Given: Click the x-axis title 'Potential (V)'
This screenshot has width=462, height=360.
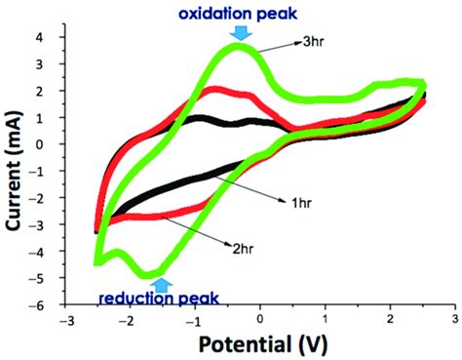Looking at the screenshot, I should tap(259, 345).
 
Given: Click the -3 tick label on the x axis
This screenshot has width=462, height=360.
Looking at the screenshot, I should tap(64, 320).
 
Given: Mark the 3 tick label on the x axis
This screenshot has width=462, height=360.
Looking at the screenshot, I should tap(455, 320).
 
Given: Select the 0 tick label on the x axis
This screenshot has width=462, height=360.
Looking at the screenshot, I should tap(260, 320).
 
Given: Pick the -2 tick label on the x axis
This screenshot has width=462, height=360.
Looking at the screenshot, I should tap(129, 320).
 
